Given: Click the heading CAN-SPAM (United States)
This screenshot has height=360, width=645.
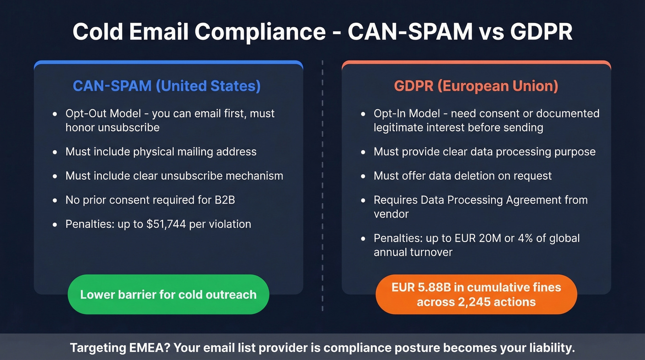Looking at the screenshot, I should point(167,86).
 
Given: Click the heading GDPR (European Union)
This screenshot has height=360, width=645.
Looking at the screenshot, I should point(476,86).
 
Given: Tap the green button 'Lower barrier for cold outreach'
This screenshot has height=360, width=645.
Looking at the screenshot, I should point(168,295).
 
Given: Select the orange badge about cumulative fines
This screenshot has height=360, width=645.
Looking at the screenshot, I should point(476,295).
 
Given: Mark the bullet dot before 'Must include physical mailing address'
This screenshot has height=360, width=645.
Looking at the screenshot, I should point(55,152).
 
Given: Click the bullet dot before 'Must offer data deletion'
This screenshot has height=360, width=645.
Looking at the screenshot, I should point(364,176).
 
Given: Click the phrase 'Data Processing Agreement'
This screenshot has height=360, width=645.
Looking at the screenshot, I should point(491,200).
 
